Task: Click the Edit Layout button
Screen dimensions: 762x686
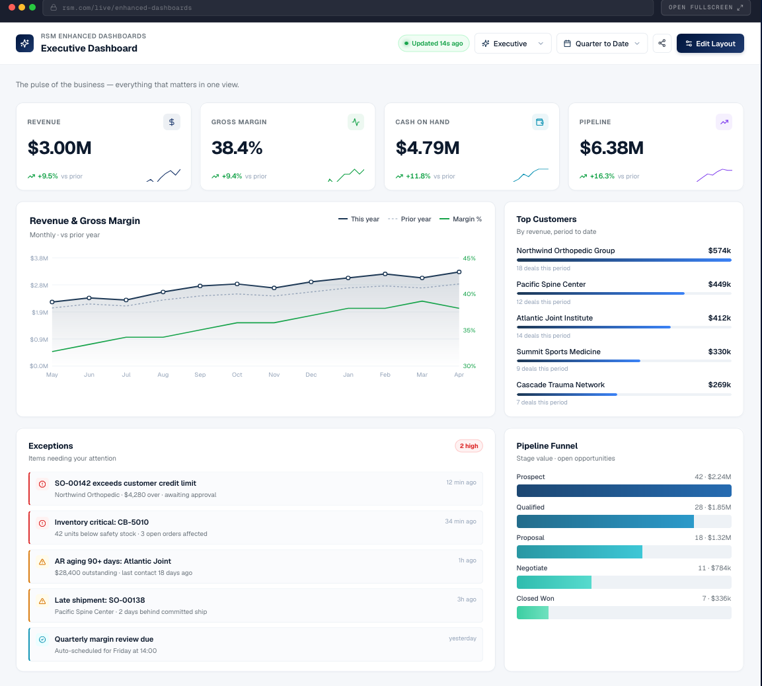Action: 710,44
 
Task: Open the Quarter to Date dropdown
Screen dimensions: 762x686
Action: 601,44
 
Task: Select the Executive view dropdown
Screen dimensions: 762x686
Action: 513,44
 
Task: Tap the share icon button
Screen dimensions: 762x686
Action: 662,44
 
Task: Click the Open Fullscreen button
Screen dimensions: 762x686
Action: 706,7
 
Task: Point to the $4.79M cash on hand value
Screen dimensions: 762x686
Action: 428,147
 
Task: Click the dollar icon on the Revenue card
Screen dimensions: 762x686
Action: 172,122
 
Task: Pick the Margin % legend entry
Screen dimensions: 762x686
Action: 461,219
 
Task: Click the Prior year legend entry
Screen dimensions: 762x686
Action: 410,219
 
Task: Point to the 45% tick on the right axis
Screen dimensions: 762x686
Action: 469,258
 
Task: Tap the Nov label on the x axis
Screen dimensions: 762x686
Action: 274,375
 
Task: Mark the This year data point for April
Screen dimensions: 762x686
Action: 459,272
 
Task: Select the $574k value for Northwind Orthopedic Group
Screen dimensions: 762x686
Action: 719,250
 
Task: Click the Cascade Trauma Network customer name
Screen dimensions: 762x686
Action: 560,385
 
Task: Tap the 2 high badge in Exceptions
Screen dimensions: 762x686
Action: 469,446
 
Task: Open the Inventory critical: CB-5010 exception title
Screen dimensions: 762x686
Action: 102,522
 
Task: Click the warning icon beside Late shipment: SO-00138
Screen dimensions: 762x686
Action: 42,601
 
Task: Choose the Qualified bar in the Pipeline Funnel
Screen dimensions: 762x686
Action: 605,521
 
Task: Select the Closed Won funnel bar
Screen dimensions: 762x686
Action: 533,613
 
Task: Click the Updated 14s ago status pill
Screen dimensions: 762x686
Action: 434,44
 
